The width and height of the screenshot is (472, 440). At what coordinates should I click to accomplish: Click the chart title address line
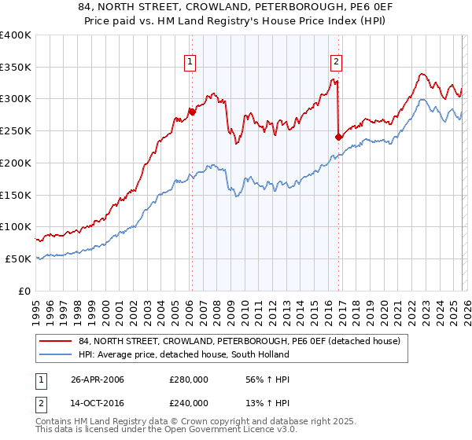[x=235, y=8]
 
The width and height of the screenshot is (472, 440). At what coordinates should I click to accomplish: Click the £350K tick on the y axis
[x=16, y=67]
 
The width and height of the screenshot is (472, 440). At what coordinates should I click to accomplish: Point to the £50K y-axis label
[x=18, y=258]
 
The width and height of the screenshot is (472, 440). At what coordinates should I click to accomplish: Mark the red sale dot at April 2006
[x=191, y=112]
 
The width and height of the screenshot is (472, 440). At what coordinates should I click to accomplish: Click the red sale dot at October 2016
[x=338, y=137]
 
